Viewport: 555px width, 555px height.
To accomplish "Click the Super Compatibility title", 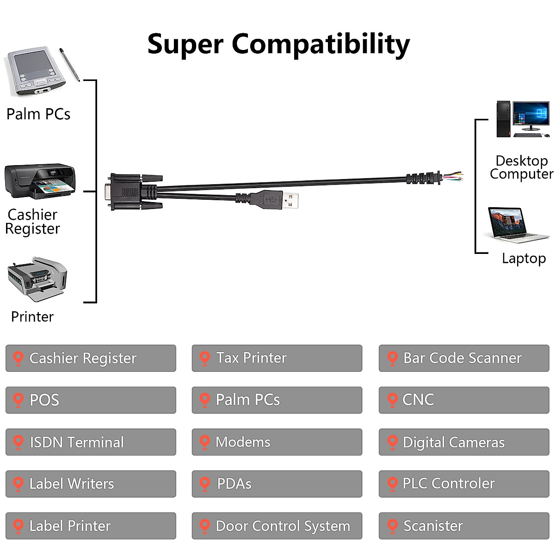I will tap(278, 44).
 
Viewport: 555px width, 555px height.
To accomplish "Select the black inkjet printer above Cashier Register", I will tap(40, 180).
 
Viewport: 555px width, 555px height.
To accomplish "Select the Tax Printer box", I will tap(277, 358).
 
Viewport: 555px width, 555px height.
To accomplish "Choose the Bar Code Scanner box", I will tap(463, 358).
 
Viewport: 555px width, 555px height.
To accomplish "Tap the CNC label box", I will tap(463, 400).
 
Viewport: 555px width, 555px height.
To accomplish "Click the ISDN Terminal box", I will tap(91, 442).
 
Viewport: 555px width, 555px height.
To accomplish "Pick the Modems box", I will tap(277, 442).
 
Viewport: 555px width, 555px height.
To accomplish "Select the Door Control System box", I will tap(277, 525).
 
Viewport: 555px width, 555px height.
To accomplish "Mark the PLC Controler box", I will tap(463, 484).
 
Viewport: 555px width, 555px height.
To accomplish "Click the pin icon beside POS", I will tap(18, 400).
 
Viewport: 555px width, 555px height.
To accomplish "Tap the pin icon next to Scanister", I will tap(392, 526).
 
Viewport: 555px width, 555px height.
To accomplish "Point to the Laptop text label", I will tap(524, 258).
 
